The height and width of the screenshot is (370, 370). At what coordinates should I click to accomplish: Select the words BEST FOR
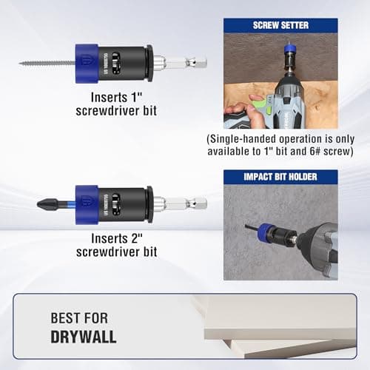[x=78, y=317]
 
